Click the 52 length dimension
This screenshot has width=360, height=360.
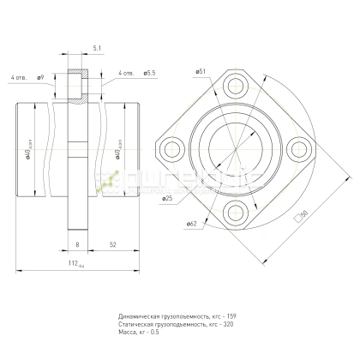pyautogui.click(x=113, y=245)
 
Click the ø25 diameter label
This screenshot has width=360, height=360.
pyautogui.click(x=167, y=199)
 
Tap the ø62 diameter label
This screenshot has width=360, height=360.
pyautogui.click(x=190, y=224)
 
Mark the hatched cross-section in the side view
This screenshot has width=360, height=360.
pyautogui.click(x=78, y=86)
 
